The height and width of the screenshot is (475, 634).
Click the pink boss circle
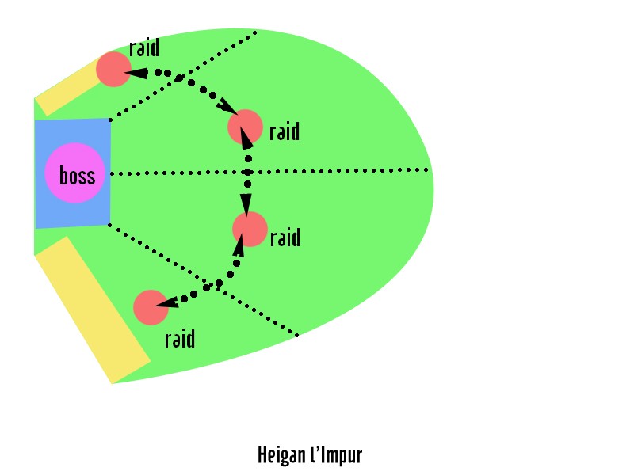(74, 173)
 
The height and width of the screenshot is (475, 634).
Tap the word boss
(77, 176)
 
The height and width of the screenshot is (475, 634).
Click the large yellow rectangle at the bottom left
(93, 310)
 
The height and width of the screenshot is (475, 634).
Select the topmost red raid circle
(113, 69)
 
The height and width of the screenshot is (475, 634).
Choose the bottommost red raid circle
(151, 307)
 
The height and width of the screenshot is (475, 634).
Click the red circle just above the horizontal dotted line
(245, 127)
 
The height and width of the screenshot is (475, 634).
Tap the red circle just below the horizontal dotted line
(250, 229)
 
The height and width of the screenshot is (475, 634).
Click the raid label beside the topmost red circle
(144, 47)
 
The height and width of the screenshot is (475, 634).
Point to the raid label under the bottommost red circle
(180, 339)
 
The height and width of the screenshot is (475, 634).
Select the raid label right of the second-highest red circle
(285, 131)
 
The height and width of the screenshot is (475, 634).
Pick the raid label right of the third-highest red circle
(285, 237)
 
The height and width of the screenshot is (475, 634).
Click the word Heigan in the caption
(281, 455)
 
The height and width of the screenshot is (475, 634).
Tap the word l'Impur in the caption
(336, 455)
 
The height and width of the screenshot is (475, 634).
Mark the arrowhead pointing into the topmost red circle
(136, 73)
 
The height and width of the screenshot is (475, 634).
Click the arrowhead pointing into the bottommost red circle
(166, 303)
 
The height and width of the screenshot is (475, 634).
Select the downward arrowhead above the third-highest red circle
(246, 206)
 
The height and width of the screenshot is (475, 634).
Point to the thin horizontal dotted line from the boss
(269, 172)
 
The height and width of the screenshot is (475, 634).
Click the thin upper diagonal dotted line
(183, 75)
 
